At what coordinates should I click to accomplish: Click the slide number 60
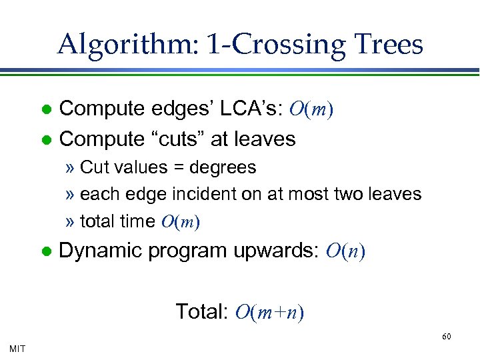point(447,336)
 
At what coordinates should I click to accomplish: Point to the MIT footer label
point(18,348)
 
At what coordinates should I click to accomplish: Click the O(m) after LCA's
point(312,109)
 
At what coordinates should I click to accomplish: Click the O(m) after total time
point(181,222)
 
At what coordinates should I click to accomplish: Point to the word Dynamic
point(101,251)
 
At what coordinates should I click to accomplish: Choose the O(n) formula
point(345,251)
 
